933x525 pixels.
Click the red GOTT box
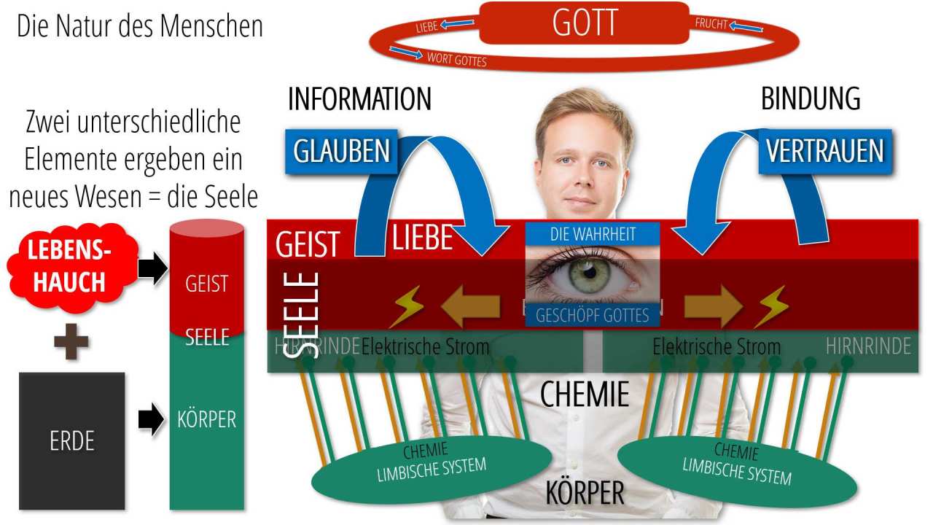pyautogui.click(x=584, y=23)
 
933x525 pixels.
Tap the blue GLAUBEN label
pyautogui.click(x=341, y=151)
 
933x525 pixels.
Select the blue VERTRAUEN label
pyautogui.click(x=824, y=151)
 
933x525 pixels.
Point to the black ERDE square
pyautogui.click(x=71, y=440)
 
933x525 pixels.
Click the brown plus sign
pyautogui.click(x=71, y=342)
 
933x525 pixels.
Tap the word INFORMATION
pyautogui.click(x=359, y=99)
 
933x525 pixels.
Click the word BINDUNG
pyautogui.click(x=811, y=99)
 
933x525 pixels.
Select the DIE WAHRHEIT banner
pyautogui.click(x=592, y=234)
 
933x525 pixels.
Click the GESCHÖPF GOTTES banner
pyautogui.click(x=592, y=315)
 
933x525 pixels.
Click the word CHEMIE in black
pyautogui.click(x=584, y=394)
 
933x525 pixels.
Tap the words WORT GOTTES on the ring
pyautogui.click(x=456, y=59)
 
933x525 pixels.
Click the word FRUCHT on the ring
pyautogui.click(x=711, y=23)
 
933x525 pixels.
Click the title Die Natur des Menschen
pyautogui.click(x=140, y=27)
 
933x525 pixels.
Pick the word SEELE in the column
pyautogui.click(x=207, y=337)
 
